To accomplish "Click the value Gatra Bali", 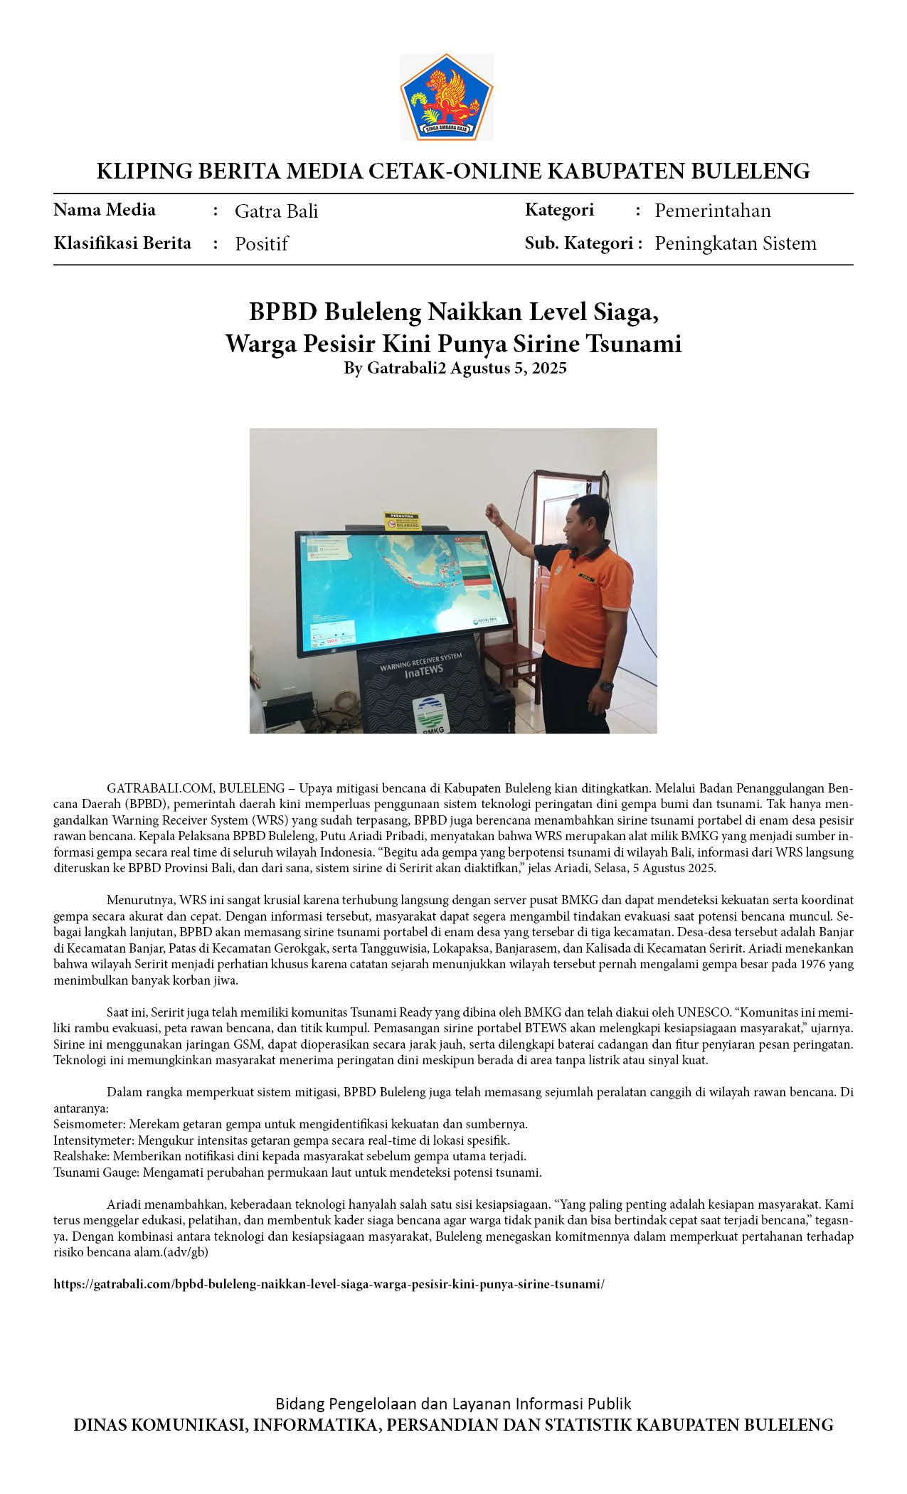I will pos(276,211).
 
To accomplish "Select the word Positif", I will pos(261,244).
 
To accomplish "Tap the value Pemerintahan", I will pos(712,211).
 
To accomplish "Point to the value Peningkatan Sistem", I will pos(735,243).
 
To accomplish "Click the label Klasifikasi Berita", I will pos(122,243).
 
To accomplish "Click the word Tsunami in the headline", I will pos(634,344).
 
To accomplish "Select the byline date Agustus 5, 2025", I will pos(509,368).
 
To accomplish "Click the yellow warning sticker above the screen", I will pos(403,521).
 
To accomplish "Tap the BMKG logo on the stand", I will pos(430,714).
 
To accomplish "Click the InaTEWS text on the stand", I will pos(424,670).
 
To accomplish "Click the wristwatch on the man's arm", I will pos(605,687).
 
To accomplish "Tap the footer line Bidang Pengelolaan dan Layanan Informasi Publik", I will pos(453,1404).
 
